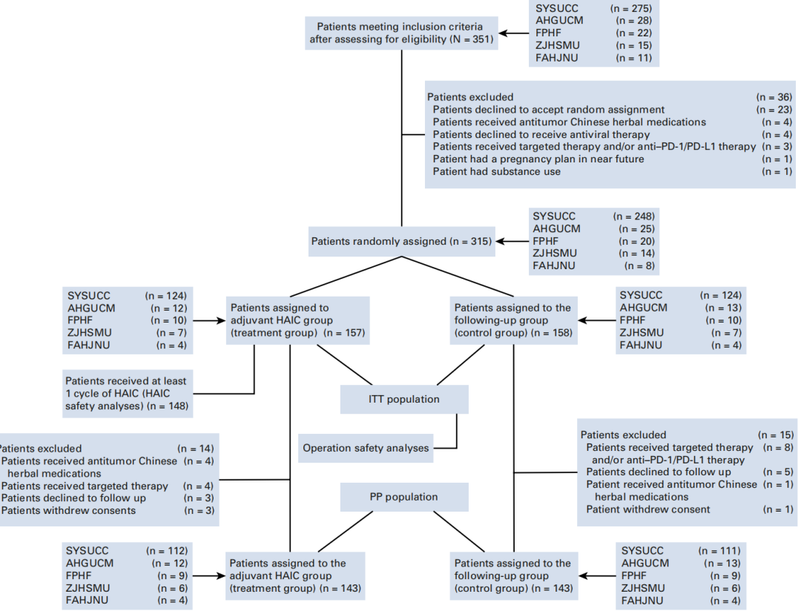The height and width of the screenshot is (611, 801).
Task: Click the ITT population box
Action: click(404, 399)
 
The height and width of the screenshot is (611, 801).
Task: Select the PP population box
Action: click(404, 497)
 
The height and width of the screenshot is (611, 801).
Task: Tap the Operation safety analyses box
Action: click(366, 448)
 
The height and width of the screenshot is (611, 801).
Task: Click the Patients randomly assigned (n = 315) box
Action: click(400, 242)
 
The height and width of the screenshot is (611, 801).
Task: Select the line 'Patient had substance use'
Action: click(497, 172)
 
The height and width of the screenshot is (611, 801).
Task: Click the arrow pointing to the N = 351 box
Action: click(511, 33)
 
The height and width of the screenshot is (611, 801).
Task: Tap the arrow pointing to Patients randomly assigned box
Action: click(511, 242)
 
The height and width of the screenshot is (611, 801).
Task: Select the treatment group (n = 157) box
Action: click(297, 320)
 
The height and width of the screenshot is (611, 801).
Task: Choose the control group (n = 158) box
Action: click(513, 320)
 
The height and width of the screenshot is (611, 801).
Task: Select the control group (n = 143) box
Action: click(513, 575)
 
